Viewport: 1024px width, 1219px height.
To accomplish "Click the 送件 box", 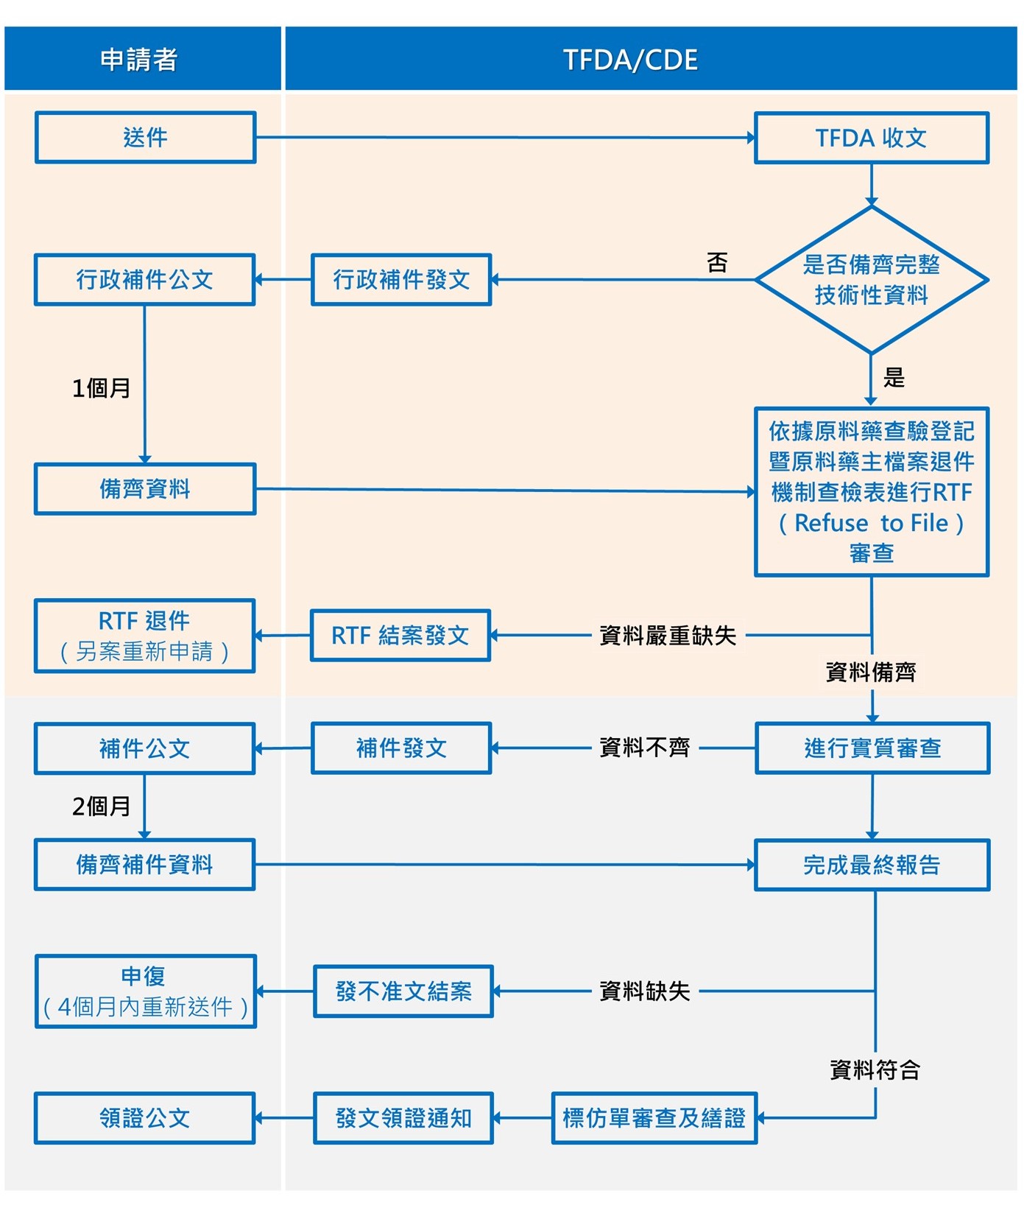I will [145, 137].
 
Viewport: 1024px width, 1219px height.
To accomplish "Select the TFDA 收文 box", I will [871, 138].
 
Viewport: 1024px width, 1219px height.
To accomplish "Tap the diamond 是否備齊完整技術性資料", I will [871, 280].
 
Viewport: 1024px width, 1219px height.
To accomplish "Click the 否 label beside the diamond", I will [716, 262].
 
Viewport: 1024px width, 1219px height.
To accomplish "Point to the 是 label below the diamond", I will [894, 378].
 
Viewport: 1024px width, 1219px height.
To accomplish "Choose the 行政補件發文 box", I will [401, 280].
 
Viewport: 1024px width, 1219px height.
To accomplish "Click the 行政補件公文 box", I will [145, 280].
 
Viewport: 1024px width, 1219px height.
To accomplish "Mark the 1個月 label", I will [101, 388].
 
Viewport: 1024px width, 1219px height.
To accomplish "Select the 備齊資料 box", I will [145, 488].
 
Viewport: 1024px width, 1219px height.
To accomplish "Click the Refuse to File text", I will [871, 523].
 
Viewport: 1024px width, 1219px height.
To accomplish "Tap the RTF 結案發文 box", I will [400, 635].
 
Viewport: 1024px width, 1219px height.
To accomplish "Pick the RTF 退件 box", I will [145, 636].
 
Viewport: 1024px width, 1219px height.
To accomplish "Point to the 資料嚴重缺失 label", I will [668, 635].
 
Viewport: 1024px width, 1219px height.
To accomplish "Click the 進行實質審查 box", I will [872, 748].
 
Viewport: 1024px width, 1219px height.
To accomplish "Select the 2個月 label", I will [101, 807].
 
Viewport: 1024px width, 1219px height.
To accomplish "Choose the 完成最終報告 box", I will [872, 865].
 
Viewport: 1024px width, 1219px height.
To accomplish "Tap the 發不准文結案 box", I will [403, 991].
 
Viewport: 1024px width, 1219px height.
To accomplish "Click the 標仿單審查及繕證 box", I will [654, 1118].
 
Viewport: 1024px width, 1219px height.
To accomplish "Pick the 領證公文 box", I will [145, 1118].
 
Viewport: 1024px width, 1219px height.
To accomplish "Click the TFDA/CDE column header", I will [630, 60].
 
